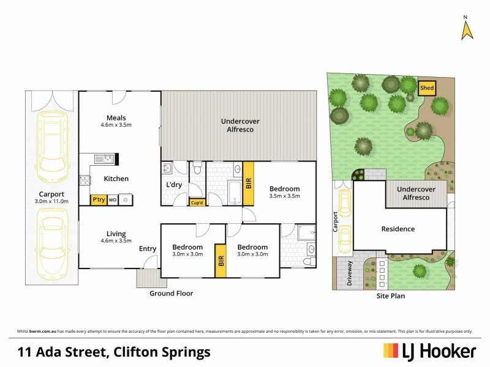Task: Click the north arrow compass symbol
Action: (467, 28)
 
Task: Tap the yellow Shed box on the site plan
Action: (426, 88)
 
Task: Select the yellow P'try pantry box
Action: (98, 199)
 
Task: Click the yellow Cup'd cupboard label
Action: (197, 202)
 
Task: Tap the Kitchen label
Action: (116, 179)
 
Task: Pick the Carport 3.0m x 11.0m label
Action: (52, 197)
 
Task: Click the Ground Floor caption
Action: (171, 294)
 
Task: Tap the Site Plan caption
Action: (391, 296)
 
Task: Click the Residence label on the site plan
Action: (398, 229)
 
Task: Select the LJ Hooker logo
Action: (429, 351)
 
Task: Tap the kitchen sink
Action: (105, 160)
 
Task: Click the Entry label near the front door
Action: (148, 248)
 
